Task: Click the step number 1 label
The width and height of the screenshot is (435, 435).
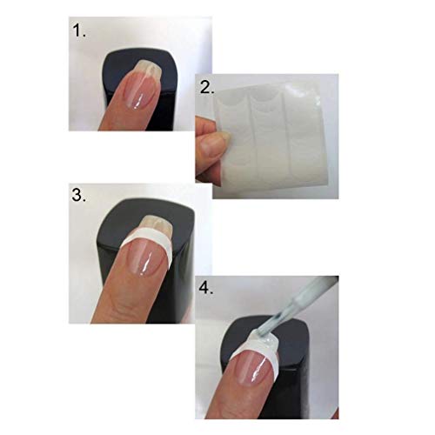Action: coord(79,30)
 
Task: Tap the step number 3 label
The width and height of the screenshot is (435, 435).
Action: coord(78,195)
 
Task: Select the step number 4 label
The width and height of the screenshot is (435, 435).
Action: coord(206,288)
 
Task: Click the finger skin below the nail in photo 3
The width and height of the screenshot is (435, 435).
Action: coord(128,298)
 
